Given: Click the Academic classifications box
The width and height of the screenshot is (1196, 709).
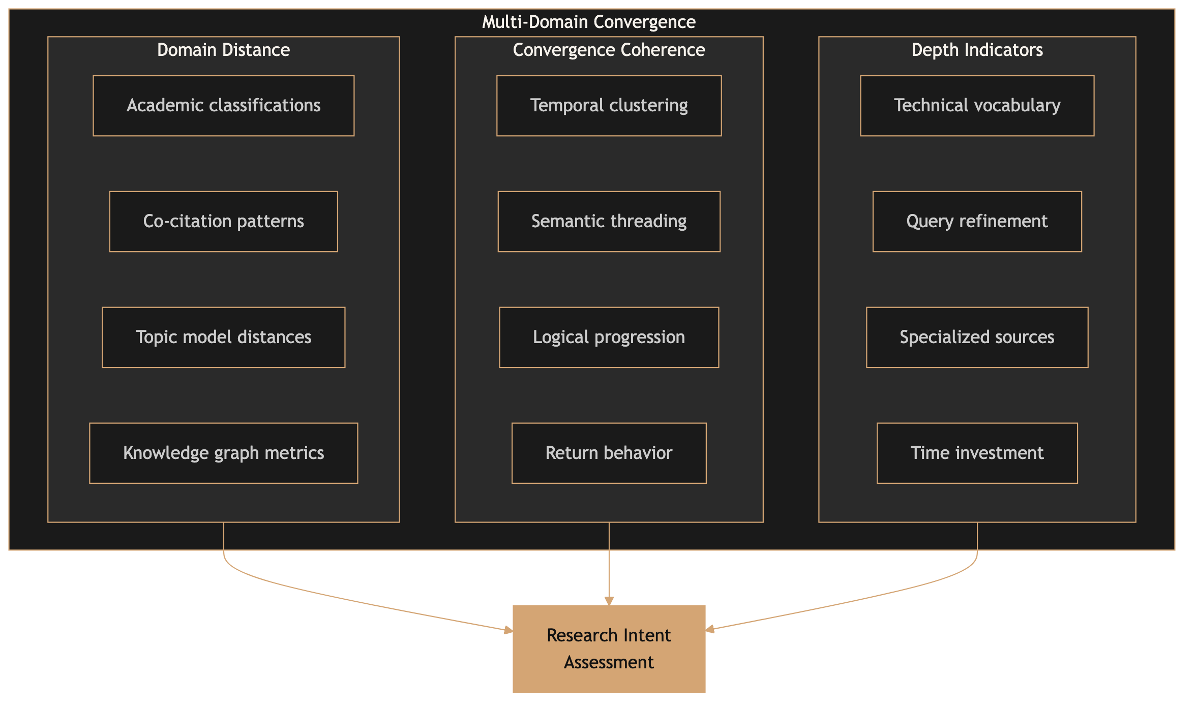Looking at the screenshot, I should [223, 106].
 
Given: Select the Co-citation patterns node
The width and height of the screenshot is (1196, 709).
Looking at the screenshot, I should [223, 222].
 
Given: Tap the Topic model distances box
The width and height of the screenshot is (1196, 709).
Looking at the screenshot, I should [223, 337].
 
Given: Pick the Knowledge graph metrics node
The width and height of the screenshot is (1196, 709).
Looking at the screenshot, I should [223, 453].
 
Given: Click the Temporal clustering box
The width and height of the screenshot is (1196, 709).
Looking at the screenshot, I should [609, 106].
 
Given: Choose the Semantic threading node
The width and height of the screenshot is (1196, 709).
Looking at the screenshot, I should [609, 222].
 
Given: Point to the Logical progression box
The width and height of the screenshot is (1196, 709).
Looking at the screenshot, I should [609, 337].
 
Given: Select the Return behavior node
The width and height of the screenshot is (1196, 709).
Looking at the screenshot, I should [609, 453].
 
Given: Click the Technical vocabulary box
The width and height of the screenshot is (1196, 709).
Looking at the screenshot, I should [977, 106].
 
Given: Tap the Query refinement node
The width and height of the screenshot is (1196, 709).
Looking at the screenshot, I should [977, 222].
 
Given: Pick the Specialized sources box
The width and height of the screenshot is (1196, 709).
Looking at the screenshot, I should [977, 337].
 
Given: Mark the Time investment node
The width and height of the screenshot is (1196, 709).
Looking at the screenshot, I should [977, 453].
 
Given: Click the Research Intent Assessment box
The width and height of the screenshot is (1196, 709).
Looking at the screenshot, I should [609, 649].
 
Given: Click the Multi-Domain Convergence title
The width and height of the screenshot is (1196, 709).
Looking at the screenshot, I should [588, 22].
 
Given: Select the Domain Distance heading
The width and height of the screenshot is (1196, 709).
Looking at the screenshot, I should [223, 50].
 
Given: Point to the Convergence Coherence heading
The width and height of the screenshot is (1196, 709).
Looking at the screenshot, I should [609, 50].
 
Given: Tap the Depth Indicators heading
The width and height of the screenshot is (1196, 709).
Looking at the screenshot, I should [977, 50].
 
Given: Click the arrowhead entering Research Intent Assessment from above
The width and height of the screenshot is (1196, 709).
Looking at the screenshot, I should [609, 601].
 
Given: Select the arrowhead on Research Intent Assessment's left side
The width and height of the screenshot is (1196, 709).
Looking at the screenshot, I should [508, 631].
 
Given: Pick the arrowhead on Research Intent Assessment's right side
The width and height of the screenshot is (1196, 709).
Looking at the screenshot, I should [710, 630].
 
